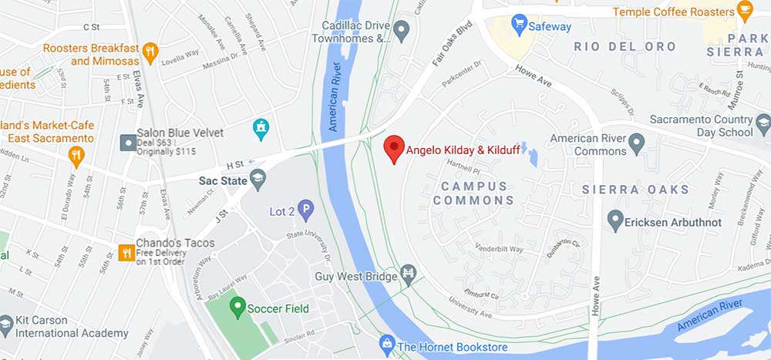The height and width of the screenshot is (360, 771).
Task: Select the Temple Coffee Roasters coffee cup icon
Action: pyautogui.click(x=744, y=12)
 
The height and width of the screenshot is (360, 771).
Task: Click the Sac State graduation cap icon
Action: pyautogui.click(x=258, y=180)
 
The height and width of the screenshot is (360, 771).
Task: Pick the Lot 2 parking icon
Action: pyautogui.click(x=306, y=208)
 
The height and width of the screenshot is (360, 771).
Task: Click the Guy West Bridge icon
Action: pyautogui.click(x=408, y=274)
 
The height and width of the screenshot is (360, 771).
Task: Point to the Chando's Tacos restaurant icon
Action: pyautogui.click(x=125, y=251)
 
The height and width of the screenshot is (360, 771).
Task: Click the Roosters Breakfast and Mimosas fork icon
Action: pyautogui.click(x=150, y=53)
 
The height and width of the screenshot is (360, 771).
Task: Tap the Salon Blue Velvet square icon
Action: pyautogui.click(x=127, y=143)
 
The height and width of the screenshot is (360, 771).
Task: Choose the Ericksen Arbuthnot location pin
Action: pyautogui.click(x=614, y=221)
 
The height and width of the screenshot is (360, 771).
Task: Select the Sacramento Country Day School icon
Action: pyautogui.click(x=763, y=123)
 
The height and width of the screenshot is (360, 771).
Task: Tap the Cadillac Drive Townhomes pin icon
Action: pyautogui.click(x=401, y=31)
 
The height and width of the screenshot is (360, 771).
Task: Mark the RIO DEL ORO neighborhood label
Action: pyautogui.click(x=625, y=46)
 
